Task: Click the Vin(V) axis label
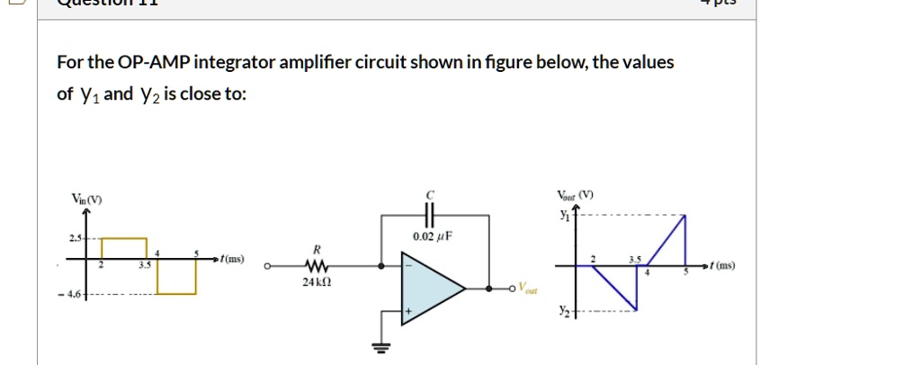coord(87,199)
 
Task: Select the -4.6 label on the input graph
coord(70,294)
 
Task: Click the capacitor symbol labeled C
coord(429,216)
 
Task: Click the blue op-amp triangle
coord(430,289)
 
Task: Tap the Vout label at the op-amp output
coord(523,293)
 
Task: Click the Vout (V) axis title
coord(575,195)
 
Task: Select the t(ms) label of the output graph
coord(722,266)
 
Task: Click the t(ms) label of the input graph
coord(231,259)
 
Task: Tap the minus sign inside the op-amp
coord(408,267)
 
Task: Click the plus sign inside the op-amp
coord(408,311)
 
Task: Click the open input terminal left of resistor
coord(266,266)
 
